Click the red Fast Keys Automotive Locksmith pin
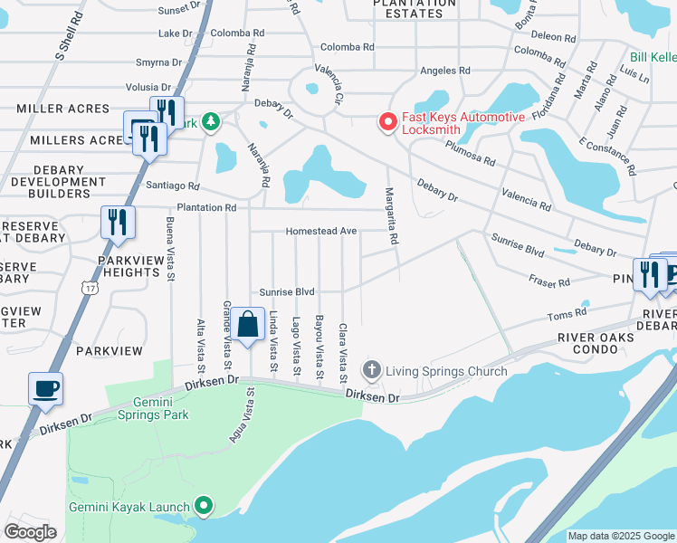tap(388, 121)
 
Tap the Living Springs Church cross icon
tap(371, 370)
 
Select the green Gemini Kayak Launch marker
tap(205, 507)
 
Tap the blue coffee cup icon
tap(45, 389)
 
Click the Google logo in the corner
tap(30, 532)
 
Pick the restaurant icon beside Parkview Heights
tap(118, 223)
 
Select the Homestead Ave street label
tap(321, 232)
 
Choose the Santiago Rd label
tap(172, 186)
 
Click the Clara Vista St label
tap(343, 352)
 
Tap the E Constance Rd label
tap(607, 157)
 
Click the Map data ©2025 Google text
tap(620, 536)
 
